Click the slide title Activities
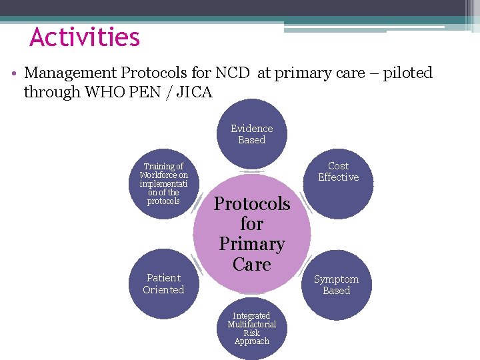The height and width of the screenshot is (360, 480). pos(85,37)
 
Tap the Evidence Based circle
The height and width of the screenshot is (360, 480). pos(252,134)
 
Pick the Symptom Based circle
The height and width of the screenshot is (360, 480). pos(337,285)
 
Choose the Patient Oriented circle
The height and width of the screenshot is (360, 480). pos(163,284)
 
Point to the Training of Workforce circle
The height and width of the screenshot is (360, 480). pos(163,183)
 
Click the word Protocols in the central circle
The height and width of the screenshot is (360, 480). pos(252,203)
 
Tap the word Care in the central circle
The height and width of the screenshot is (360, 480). pos(252,264)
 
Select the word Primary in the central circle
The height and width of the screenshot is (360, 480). pos(252,244)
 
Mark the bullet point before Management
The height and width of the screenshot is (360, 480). pos(14,73)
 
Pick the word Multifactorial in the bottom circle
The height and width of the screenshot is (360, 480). pos(252,325)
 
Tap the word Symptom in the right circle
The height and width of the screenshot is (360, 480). pos(336,279)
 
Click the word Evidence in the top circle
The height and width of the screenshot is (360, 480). pos(252,128)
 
